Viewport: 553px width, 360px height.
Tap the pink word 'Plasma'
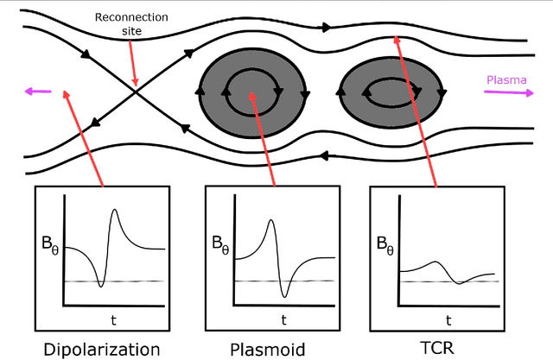[504, 79]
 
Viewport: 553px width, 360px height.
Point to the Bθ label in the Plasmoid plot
[222, 243]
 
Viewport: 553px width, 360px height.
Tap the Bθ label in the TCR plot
[386, 243]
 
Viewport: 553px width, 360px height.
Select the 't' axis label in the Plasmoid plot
[283, 319]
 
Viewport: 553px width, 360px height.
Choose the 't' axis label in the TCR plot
[448, 319]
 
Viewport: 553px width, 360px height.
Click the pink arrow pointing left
[38, 89]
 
